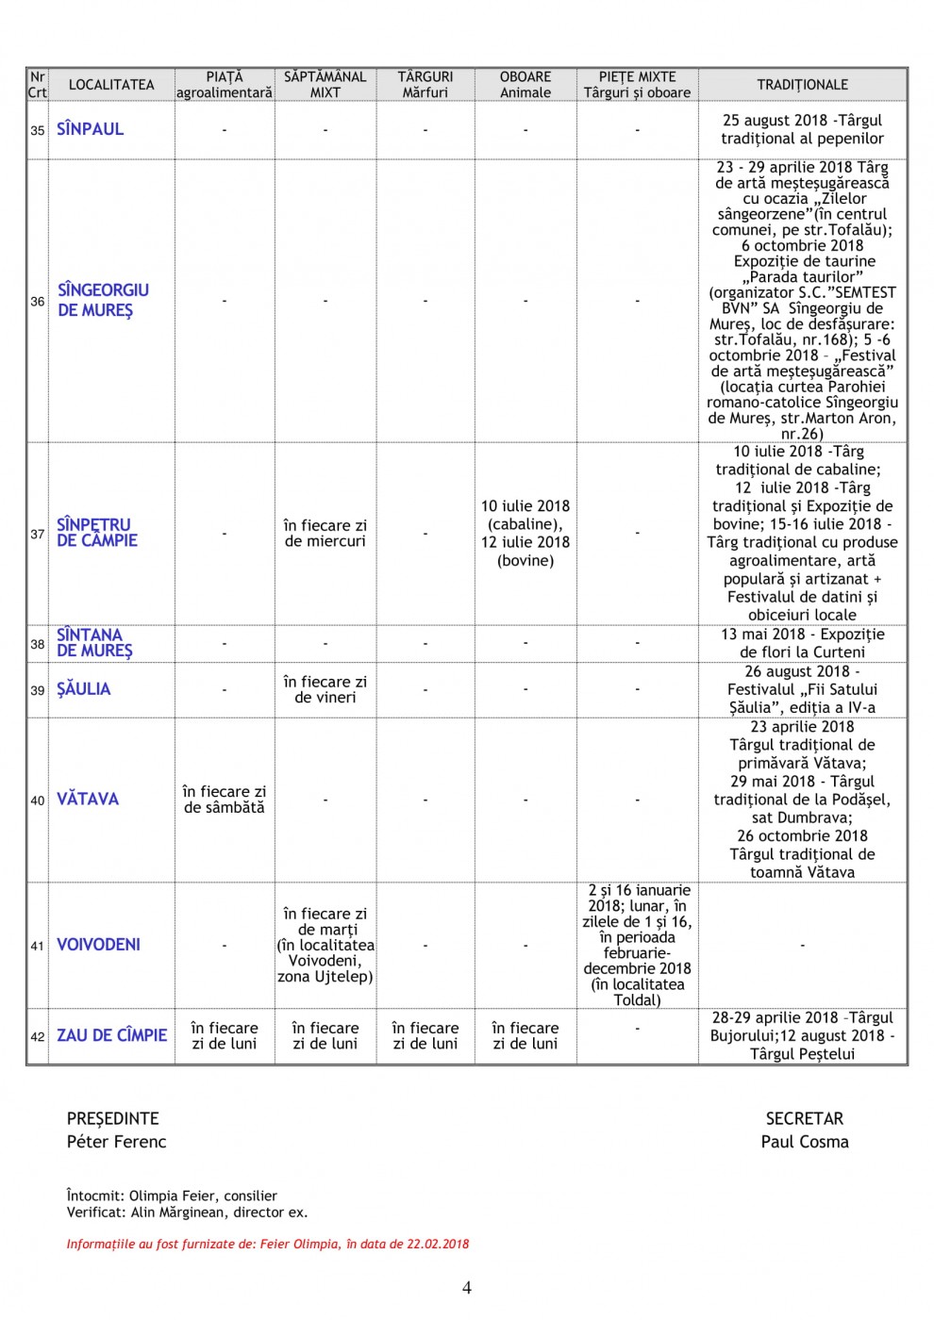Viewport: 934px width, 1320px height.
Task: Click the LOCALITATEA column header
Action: point(111,85)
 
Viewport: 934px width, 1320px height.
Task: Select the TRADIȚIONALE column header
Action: point(802,85)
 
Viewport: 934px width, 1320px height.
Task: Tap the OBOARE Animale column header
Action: point(525,85)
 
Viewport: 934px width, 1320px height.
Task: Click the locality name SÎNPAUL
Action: point(90,129)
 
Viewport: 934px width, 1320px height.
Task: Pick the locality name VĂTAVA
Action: point(88,800)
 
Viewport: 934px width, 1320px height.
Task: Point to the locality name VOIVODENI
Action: point(98,945)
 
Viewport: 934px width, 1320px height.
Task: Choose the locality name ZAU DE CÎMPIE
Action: point(111,1035)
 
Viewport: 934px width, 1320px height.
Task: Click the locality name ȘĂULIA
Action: point(84,689)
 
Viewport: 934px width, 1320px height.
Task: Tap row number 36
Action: point(38,302)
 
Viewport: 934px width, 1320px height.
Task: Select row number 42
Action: point(38,1036)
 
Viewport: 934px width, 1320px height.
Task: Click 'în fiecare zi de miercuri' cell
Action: point(325,534)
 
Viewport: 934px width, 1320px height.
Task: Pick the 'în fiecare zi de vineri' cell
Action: point(325,689)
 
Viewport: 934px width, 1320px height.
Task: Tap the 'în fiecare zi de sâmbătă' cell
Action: point(225,800)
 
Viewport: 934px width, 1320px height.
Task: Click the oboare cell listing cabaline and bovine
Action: point(525,534)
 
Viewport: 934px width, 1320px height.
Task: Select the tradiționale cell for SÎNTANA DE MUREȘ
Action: point(802,643)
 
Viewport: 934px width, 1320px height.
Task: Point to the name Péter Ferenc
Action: point(116,1142)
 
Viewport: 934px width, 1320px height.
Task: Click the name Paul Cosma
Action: point(805,1142)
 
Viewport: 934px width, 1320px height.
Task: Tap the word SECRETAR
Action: point(805,1119)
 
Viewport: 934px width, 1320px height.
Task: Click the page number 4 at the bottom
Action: point(467,1288)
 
